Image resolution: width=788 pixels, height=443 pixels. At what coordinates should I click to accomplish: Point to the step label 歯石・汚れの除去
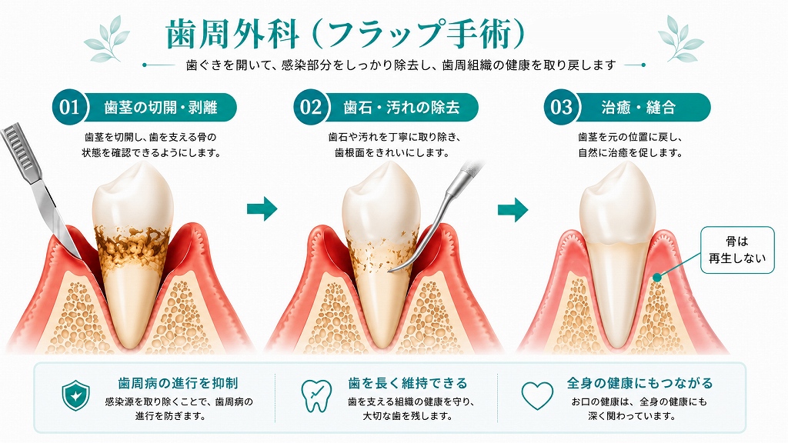(x=402, y=108)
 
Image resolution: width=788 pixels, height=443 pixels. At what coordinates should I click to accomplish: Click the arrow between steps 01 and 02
(x=262, y=208)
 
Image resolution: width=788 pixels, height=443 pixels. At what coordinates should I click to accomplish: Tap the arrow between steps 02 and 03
(x=513, y=209)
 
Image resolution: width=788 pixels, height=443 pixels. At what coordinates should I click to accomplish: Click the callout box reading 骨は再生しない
(x=737, y=250)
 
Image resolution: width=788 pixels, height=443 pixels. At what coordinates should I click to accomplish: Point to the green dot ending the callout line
(x=657, y=277)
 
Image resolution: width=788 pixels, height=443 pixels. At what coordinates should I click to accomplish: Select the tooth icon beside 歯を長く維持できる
(x=316, y=395)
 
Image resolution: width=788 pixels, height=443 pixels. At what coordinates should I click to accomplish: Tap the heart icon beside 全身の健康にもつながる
(x=537, y=396)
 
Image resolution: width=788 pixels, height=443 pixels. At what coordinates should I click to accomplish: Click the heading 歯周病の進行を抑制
(x=178, y=384)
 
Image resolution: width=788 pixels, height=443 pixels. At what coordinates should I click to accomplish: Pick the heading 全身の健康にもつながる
(x=639, y=384)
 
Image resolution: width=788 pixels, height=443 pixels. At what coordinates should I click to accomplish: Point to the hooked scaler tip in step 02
(x=397, y=269)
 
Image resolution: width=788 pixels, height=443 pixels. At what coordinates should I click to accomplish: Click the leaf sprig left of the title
(x=106, y=38)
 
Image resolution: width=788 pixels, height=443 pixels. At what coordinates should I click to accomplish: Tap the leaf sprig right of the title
(x=680, y=38)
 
